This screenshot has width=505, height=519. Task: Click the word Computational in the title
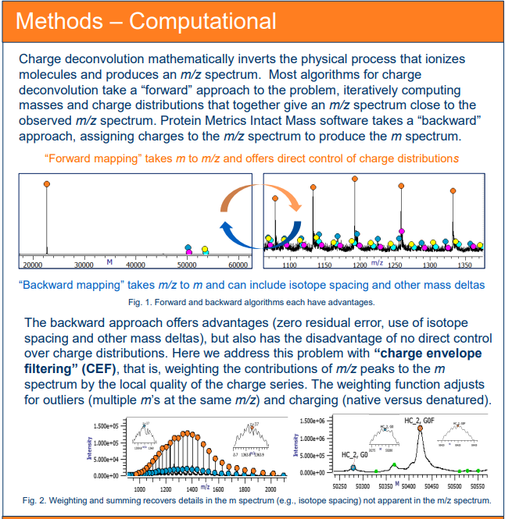click(202, 20)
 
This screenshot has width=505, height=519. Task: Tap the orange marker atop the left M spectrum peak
click(46, 183)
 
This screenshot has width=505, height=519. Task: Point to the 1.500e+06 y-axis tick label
click(314, 420)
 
